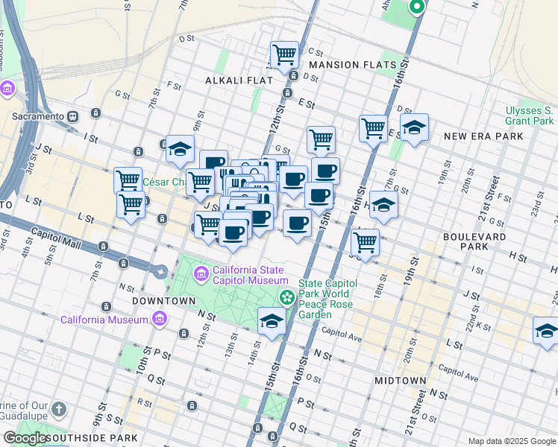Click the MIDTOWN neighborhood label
[400, 381]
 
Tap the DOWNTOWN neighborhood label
[163, 301]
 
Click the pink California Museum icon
[158, 320]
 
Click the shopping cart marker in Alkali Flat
[284, 54]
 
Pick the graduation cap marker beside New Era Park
[414, 127]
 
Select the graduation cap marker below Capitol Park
[272, 321]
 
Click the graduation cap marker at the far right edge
[546, 331]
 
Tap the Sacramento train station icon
[73, 116]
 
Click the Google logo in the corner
[25, 438]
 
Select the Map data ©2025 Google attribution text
[511, 441]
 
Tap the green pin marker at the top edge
[416, 7]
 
